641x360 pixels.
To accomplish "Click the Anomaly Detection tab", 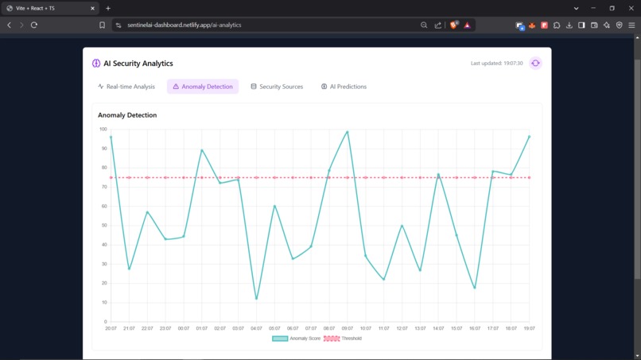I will coord(203,87).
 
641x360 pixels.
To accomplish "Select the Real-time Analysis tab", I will coord(126,87).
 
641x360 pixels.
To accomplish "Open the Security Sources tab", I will coord(277,87).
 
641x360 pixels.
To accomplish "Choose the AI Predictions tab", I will coord(344,87).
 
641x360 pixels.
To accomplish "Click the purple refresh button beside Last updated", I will coord(535,64).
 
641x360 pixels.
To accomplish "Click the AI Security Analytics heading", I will coord(138,64).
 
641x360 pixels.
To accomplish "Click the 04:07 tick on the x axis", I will coord(256,328).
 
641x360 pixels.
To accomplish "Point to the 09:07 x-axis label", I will coord(348,328).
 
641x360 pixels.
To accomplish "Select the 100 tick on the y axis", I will coord(103,129).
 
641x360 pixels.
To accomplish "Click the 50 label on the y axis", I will coord(103,226).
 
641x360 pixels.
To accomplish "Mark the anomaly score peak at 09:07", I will coord(348,132).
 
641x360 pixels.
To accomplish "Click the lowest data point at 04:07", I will coord(256,300).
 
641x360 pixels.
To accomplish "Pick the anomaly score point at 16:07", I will coord(475,288).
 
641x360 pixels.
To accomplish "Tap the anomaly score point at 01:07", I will coord(202,150).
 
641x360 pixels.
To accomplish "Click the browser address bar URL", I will coord(184,25).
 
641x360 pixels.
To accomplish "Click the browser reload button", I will coord(34,25).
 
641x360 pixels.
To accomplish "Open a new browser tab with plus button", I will coord(108,8).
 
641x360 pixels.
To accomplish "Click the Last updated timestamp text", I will coord(496,64).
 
